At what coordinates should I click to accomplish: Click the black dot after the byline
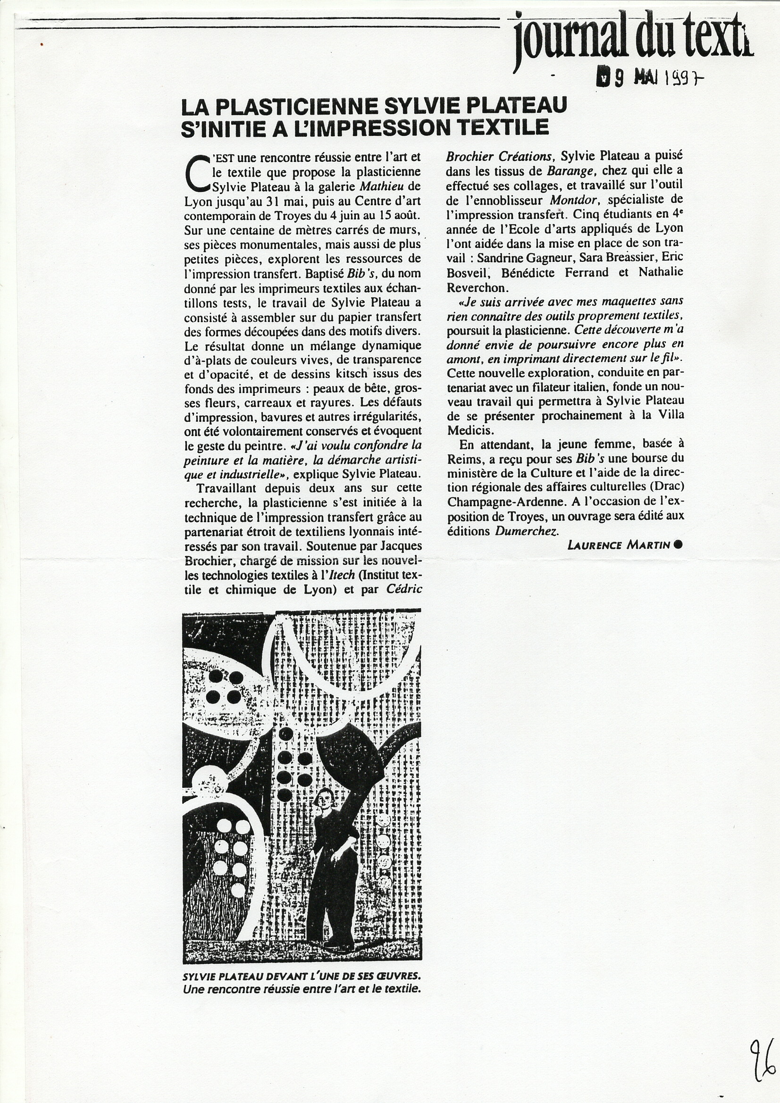(x=678, y=544)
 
